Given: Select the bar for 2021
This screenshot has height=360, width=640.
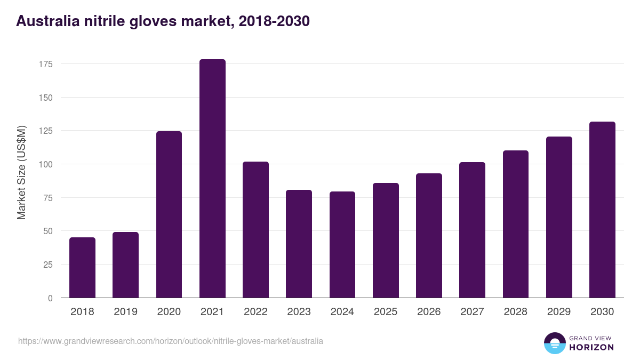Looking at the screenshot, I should [x=212, y=179].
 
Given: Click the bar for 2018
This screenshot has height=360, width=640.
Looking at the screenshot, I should [x=82, y=268].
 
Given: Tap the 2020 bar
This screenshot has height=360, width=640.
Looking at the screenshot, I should [x=169, y=214].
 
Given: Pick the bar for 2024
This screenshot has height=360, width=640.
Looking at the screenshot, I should [x=342, y=245].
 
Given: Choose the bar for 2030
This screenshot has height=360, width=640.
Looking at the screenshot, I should [x=602, y=210].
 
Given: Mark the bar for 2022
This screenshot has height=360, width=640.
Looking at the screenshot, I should [x=255, y=230].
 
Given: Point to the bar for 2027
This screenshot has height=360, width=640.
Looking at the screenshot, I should [x=472, y=230].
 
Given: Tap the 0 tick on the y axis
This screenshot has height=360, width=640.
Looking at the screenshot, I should [x=50, y=298].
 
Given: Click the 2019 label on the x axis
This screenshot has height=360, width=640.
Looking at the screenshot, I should [x=125, y=312].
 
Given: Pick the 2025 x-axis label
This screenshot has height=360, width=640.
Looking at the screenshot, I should [x=386, y=312].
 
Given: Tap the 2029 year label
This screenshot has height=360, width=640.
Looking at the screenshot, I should [x=559, y=312].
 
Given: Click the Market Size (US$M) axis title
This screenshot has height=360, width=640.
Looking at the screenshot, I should [x=21, y=172].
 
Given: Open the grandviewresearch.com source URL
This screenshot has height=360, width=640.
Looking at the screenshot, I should [x=170, y=341].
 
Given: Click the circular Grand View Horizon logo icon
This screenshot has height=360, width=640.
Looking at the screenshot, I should [x=554, y=343].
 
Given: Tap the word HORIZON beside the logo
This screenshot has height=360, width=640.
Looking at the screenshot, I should [x=591, y=347].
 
